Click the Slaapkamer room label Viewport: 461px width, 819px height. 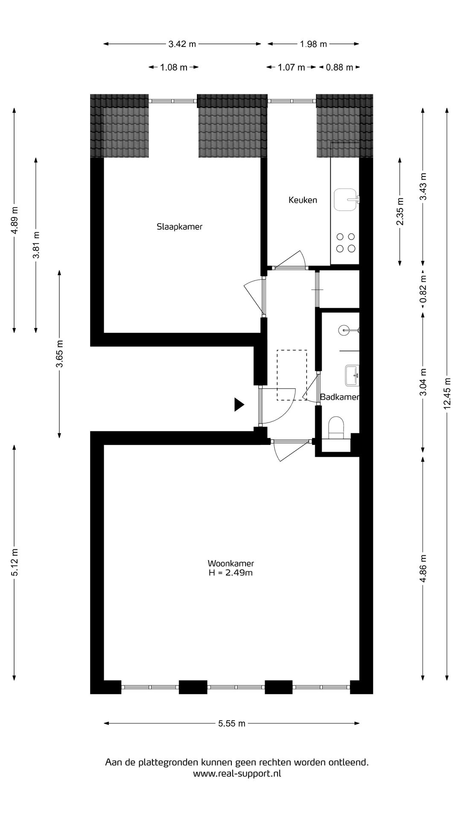coord(179,227)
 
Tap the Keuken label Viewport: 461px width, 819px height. coord(303,200)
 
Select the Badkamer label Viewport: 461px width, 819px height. coord(339,397)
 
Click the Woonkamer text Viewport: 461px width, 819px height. coord(230,563)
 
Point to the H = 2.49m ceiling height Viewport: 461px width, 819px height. coord(230,573)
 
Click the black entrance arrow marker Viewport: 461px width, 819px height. coord(239,404)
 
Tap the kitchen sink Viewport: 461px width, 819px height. coord(346,199)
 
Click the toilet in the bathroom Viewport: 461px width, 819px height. coord(336,426)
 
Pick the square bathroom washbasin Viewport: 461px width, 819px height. coord(352,375)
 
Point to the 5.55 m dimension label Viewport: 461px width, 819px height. coord(232,723)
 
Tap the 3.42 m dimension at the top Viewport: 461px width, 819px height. coord(182,44)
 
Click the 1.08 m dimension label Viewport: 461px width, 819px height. coord(173,67)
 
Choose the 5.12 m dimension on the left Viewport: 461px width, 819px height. coord(15,562)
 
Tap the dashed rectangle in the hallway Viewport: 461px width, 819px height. coord(292,375)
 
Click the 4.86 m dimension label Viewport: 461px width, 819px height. coord(423,568)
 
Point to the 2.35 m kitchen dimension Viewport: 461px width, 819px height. coord(400,212)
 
